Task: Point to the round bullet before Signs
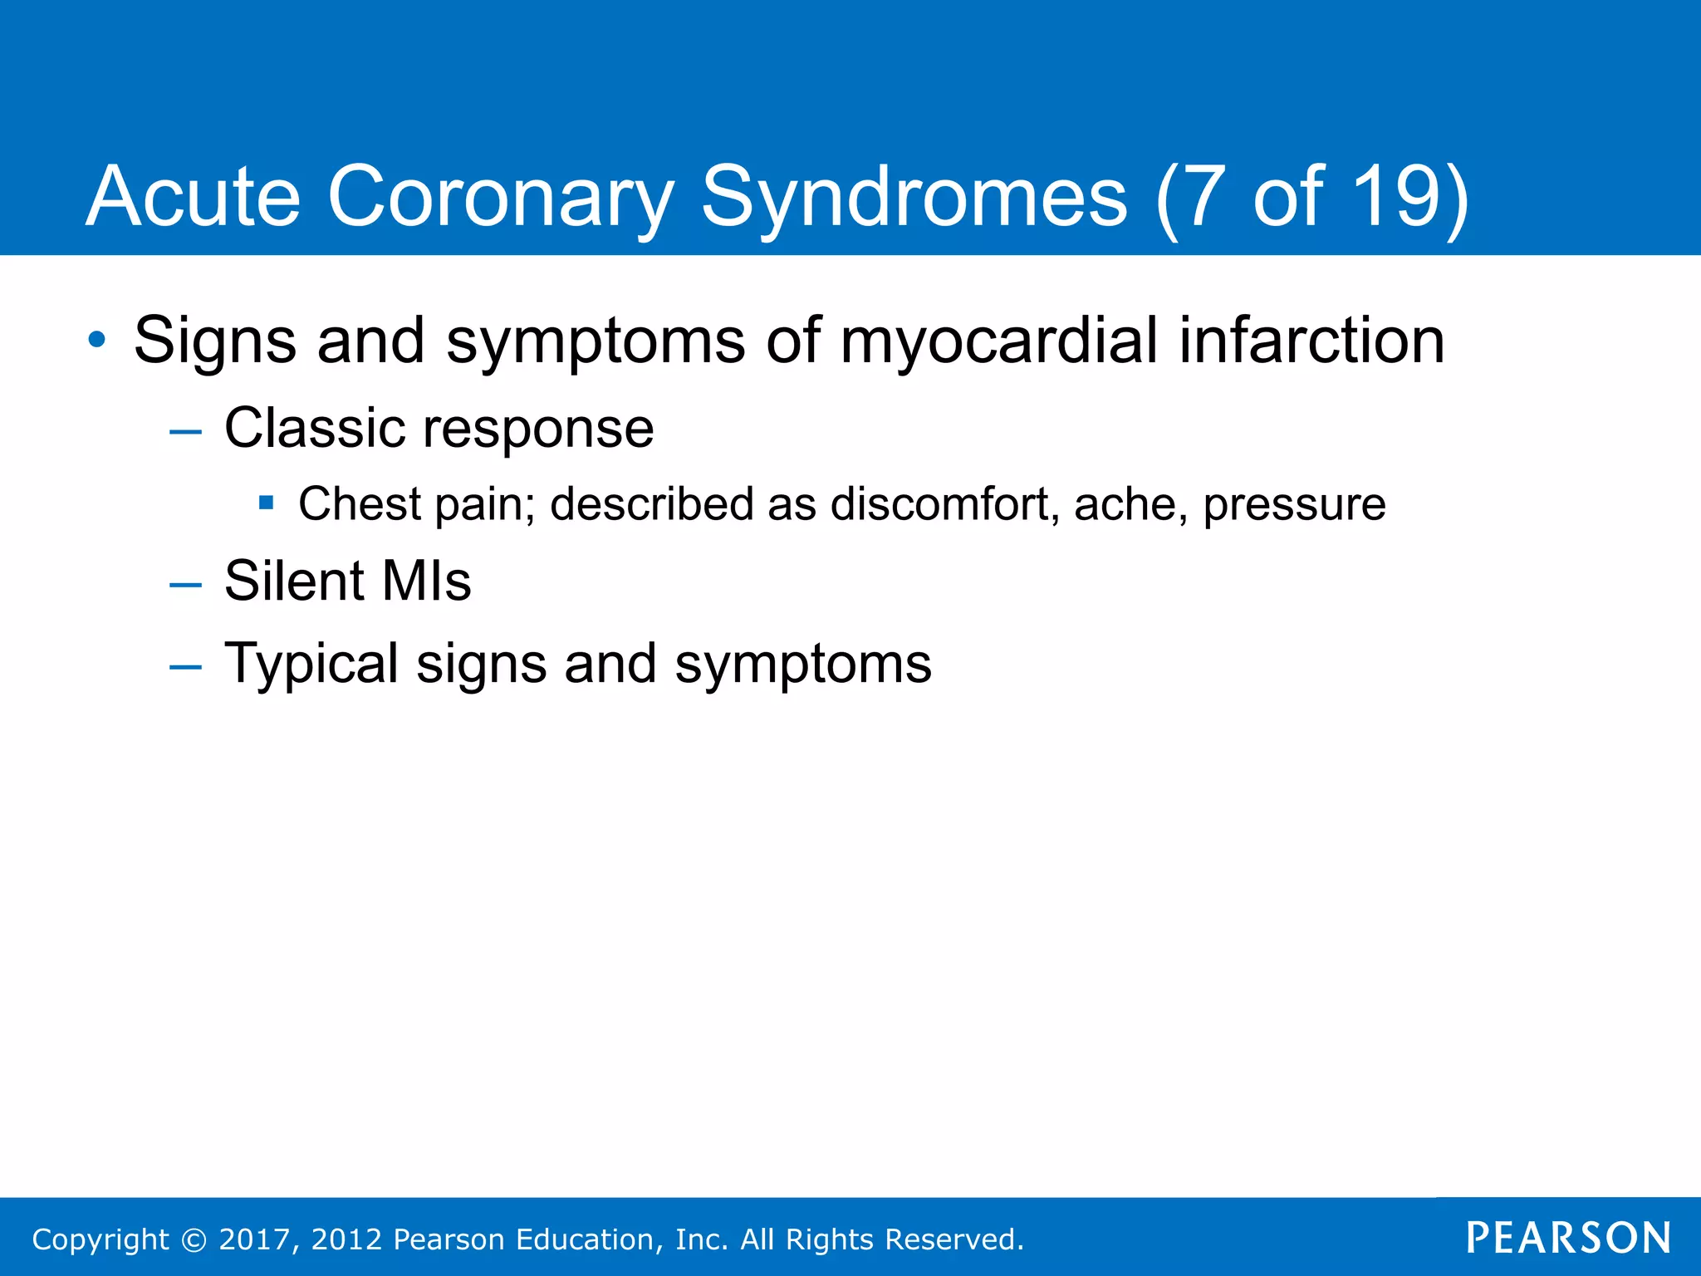coord(97,340)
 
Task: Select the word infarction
coord(1312,341)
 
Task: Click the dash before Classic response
coord(184,432)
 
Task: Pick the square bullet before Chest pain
coord(266,503)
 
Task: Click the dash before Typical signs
coord(184,667)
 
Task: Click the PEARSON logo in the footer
coord(1568,1239)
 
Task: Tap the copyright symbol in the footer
coord(194,1239)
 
